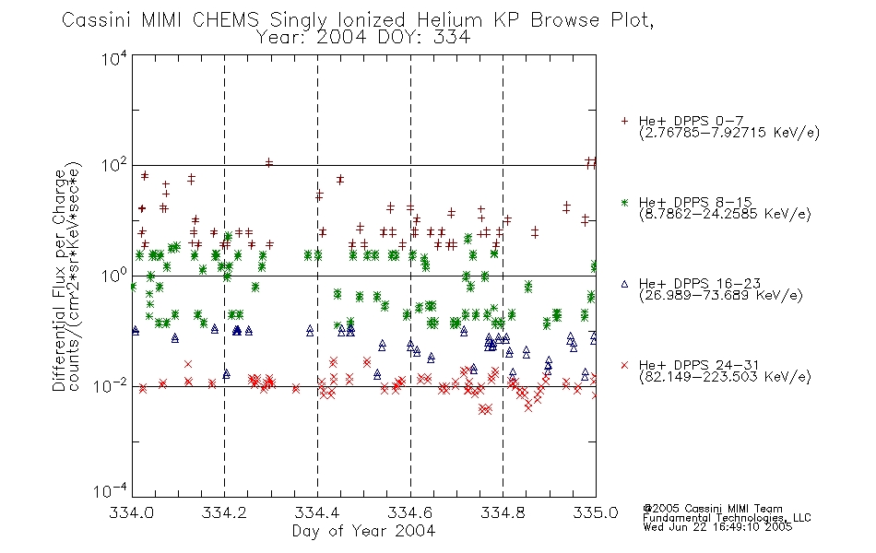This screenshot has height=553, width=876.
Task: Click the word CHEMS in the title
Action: (226, 20)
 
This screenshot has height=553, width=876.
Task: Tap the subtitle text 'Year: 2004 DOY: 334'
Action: (363, 38)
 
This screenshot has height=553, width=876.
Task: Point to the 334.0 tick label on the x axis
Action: (131, 512)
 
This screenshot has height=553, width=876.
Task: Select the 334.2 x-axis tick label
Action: (224, 512)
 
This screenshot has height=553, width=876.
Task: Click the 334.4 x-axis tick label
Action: (317, 512)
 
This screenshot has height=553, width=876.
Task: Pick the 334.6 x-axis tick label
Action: (410, 512)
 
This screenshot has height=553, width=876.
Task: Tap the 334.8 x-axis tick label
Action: (503, 512)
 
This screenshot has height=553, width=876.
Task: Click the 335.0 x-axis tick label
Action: (596, 512)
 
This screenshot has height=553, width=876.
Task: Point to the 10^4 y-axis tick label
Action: (114, 58)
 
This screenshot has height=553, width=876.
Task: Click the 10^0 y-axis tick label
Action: (114, 276)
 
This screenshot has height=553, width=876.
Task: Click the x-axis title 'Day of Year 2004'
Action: (363, 531)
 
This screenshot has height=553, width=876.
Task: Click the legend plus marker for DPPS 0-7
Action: (624, 121)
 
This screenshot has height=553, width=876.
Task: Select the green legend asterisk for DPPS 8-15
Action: (624, 202)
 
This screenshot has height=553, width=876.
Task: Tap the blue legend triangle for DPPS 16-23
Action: (624, 284)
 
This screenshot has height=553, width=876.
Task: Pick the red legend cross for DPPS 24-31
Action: (624, 365)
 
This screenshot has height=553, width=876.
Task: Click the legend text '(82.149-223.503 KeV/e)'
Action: (725, 377)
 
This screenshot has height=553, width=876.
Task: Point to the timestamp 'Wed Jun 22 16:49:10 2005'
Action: (717, 527)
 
